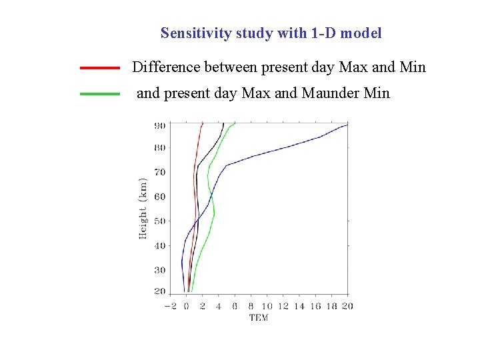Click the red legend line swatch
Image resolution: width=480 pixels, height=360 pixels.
point(100,68)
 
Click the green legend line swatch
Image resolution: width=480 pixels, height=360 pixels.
point(100,94)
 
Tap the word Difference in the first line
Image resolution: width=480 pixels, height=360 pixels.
point(165,67)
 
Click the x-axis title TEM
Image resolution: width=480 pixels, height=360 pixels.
point(259,317)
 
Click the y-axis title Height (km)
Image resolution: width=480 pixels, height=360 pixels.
point(143,208)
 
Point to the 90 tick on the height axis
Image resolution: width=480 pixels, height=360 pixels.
point(160,125)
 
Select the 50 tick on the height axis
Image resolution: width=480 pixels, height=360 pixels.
point(160,221)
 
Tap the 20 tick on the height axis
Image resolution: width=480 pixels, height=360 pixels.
point(160,292)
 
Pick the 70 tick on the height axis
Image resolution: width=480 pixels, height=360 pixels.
point(160,173)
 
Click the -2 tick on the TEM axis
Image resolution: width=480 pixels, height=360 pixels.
point(170,306)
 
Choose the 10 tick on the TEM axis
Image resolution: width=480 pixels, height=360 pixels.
point(267,306)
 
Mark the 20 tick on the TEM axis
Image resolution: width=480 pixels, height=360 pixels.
point(347,306)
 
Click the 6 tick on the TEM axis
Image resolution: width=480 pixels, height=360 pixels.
point(235,306)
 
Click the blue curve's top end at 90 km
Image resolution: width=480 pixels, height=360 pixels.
point(347,125)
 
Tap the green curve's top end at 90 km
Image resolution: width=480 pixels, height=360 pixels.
point(235,123)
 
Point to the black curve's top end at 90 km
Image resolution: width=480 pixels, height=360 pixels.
point(223,124)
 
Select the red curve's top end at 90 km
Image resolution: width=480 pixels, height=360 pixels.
point(203,123)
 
